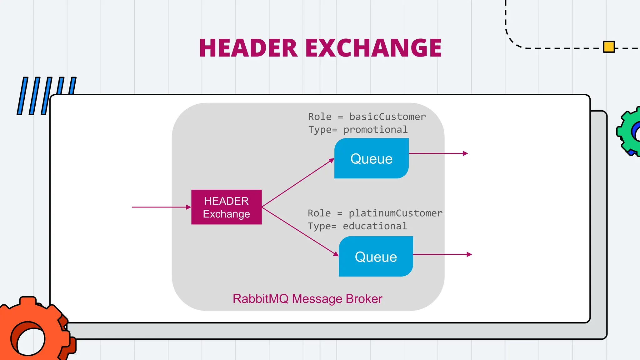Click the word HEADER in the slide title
coord(248,48)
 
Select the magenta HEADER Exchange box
coord(226,207)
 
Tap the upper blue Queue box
coord(371,158)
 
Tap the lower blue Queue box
coord(376,257)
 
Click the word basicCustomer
coord(387,117)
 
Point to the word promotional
coord(375,130)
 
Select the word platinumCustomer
coord(395,213)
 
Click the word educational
coord(375,226)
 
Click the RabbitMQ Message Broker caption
coord(307,299)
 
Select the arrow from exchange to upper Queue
coord(298,183)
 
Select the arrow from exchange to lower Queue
coord(300,231)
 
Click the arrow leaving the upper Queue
coord(437,153)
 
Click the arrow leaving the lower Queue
coord(442,254)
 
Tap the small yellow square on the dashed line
coord(609,47)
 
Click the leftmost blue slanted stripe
coord(22,96)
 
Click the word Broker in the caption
coord(364,299)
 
